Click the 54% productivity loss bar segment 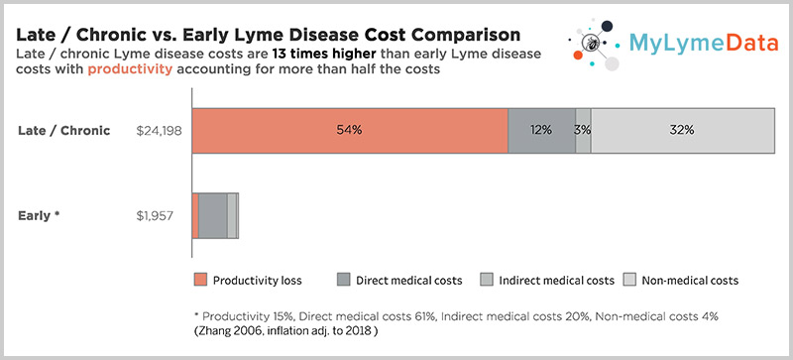coord(349,131)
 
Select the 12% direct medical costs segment coord(541,131)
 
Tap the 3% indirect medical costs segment coord(583,131)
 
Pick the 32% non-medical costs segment coord(682,131)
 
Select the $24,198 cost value coord(160,131)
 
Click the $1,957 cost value coord(163,215)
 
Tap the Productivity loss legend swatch coord(201,280)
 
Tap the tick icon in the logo coord(592,42)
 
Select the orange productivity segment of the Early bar coord(194,215)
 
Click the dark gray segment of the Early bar coord(212,215)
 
